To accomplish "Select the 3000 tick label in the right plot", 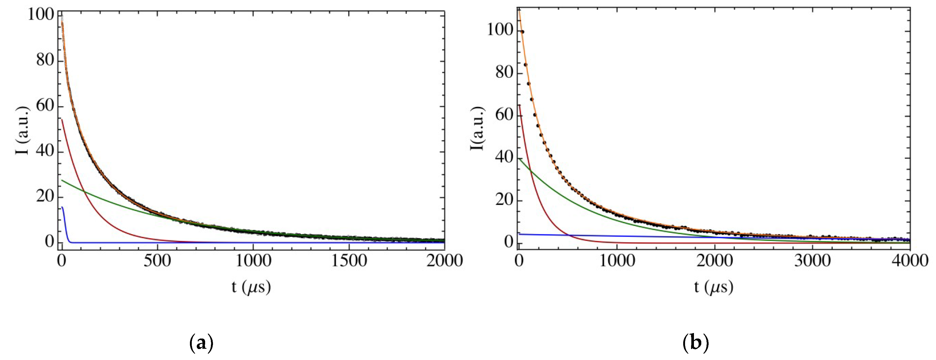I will click(x=812, y=261).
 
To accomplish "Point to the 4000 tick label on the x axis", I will click(x=910, y=261).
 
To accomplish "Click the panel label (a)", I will click(x=201, y=342).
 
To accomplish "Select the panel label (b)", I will click(x=696, y=342).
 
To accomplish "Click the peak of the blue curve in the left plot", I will click(x=62, y=207).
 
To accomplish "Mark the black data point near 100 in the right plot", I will click(x=522, y=32).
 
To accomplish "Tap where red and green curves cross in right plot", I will click(x=530, y=170).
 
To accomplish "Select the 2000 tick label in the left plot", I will click(x=444, y=261).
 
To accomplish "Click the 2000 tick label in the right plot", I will click(x=714, y=261).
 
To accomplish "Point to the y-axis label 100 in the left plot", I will click(x=41, y=15).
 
